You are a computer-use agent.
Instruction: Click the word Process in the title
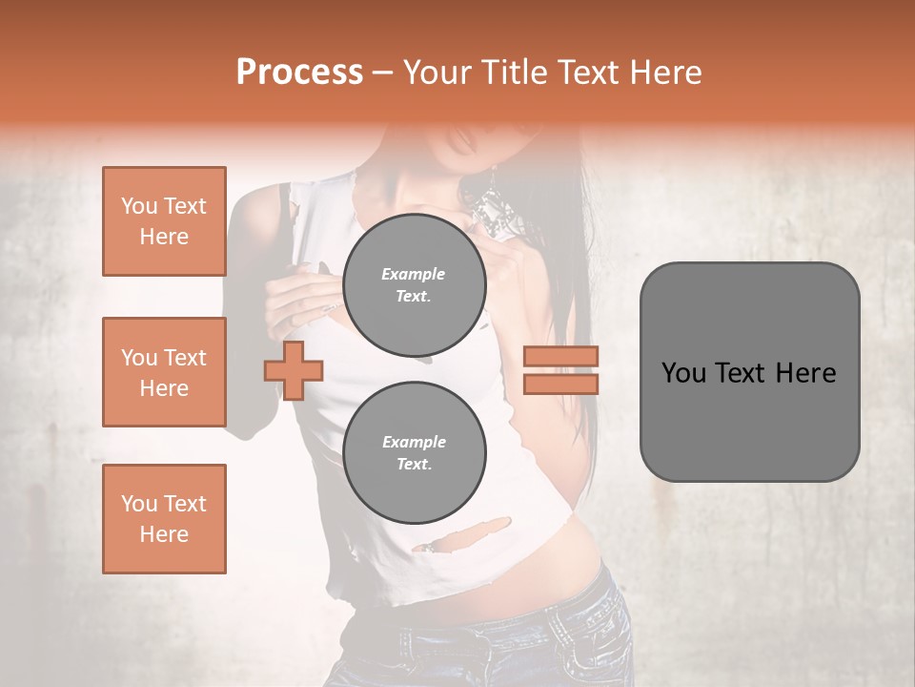point(299,73)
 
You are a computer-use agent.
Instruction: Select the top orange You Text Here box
point(164,221)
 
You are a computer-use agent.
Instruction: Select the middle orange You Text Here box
point(164,372)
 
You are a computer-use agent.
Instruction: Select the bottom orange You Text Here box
point(164,518)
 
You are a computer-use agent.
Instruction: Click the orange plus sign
point(294,370)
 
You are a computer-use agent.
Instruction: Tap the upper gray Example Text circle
point(414,285)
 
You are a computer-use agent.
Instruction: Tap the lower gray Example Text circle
point(414,453)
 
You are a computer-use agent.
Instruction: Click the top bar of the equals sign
point(561,357)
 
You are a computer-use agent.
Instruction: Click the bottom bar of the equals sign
point(561,384)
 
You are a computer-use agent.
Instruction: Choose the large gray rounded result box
point(749,372)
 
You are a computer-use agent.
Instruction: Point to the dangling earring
point(493,205)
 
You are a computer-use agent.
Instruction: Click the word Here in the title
point(665,73)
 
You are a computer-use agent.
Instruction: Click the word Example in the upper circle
point(414,274)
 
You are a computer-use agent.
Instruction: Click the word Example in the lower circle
point(414,442)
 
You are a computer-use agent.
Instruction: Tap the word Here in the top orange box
point(164,237)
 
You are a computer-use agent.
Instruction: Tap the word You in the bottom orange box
point(138,504)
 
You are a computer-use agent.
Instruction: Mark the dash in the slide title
point(382,73)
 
